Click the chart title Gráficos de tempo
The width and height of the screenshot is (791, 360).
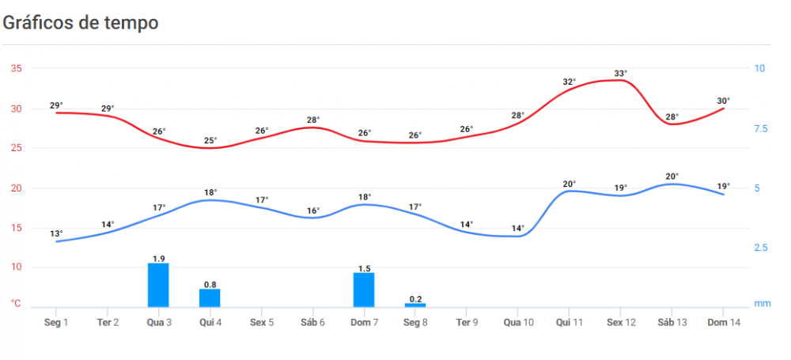[x=81, y=22]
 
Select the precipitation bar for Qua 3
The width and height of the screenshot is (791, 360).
[x=158, y=285]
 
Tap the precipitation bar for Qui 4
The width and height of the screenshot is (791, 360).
[x=210, y=297]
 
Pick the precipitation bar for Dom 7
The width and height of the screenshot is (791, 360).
[x=364, y=290]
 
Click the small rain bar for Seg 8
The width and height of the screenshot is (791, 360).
[x=415, y=305]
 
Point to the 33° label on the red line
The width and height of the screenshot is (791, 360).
[x=621, y=74]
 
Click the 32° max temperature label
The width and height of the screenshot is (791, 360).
[x=570, y=81]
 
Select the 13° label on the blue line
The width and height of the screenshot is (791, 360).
[x=56, y=233]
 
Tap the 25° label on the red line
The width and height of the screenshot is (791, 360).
[x=210, y=141]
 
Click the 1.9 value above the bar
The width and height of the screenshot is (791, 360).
[x=158, y=258]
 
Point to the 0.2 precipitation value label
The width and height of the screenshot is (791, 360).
[x=415, y=298]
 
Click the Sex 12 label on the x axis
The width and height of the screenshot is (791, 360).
[x=621, y=323]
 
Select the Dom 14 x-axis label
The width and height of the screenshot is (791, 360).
[x=724, y=323]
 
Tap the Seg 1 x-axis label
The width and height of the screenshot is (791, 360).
[x=56, y=323]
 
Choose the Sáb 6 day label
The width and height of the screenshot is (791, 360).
[x=312, y=323]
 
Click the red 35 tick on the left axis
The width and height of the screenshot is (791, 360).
[x=16, y=68]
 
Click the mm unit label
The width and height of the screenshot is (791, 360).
[x=762, y=304]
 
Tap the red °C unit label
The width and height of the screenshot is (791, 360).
[x=16, y=304]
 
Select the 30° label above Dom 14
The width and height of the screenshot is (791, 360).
[x=724, y=100]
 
